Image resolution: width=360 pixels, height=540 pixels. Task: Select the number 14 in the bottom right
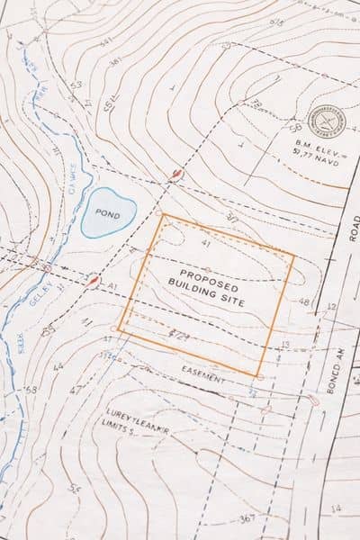(336, 509)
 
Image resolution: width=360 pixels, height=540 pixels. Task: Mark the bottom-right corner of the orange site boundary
(258, 375)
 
